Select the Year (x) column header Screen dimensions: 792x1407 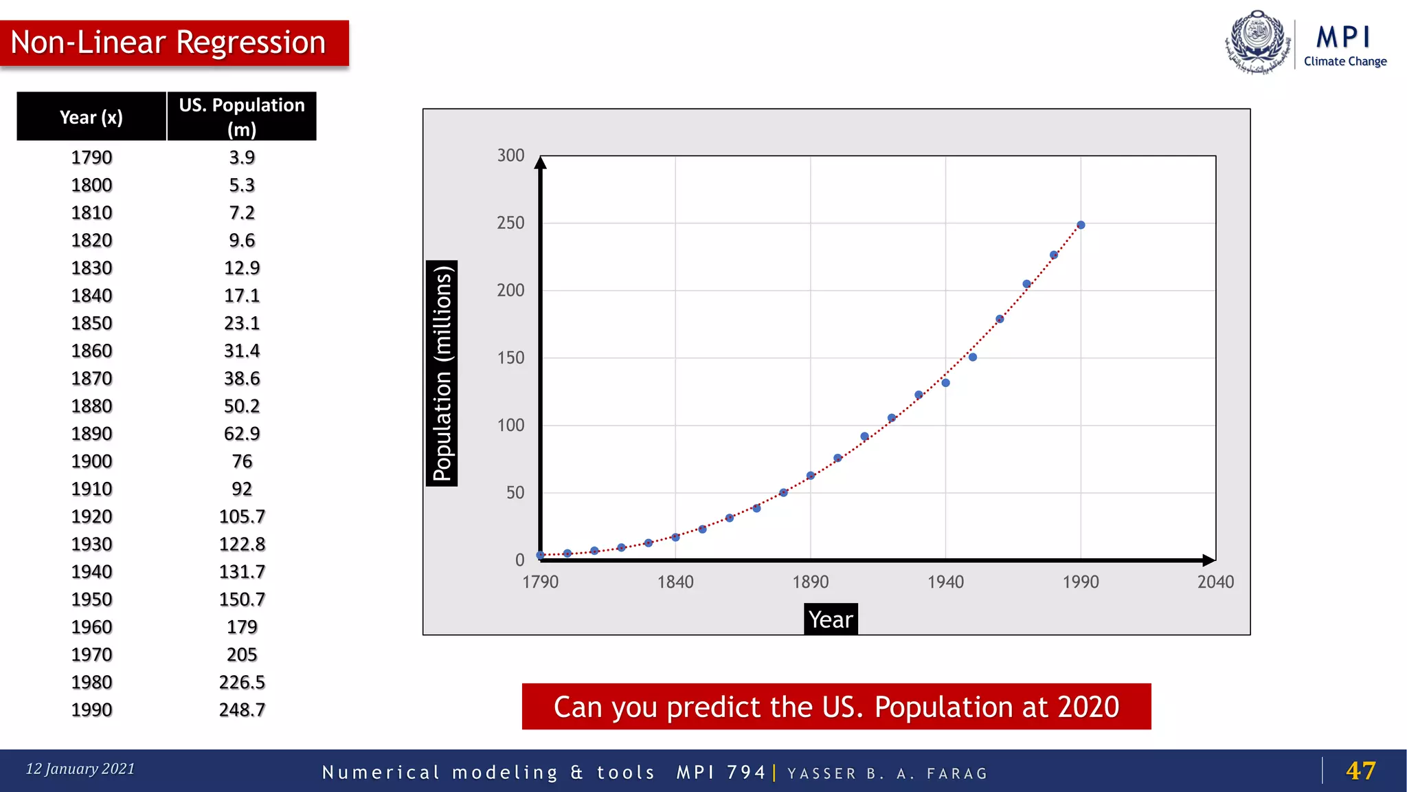(x=91, y=117)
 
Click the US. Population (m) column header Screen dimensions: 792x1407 (x=242, y=117)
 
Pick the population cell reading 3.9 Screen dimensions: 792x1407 (x=242, y=157)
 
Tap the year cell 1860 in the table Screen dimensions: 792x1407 (x=91, y=351)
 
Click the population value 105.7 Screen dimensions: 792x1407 (x=242, y=516)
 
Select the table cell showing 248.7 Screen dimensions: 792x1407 (x=242, y=709)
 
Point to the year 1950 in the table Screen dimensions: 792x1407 (x=91, y=599)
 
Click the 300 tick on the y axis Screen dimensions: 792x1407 (x=510, y=155)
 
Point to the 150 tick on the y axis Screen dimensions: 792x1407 (x=510, y=357)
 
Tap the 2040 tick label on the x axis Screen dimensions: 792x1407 (x=1215, y=582)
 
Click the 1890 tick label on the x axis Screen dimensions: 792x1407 (x=811, y=582)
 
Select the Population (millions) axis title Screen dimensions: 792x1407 (x=442, y=373)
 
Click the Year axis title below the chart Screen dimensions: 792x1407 (x=831, y=619)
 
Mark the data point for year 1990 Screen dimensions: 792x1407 (x=1081, y=225)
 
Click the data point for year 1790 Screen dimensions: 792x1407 (x=541, y=555)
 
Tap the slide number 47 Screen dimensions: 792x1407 (x=1360, y=771)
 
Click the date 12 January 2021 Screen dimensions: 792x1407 (x=80, y=769)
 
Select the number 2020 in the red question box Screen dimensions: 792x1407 (x=1088, y=707)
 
